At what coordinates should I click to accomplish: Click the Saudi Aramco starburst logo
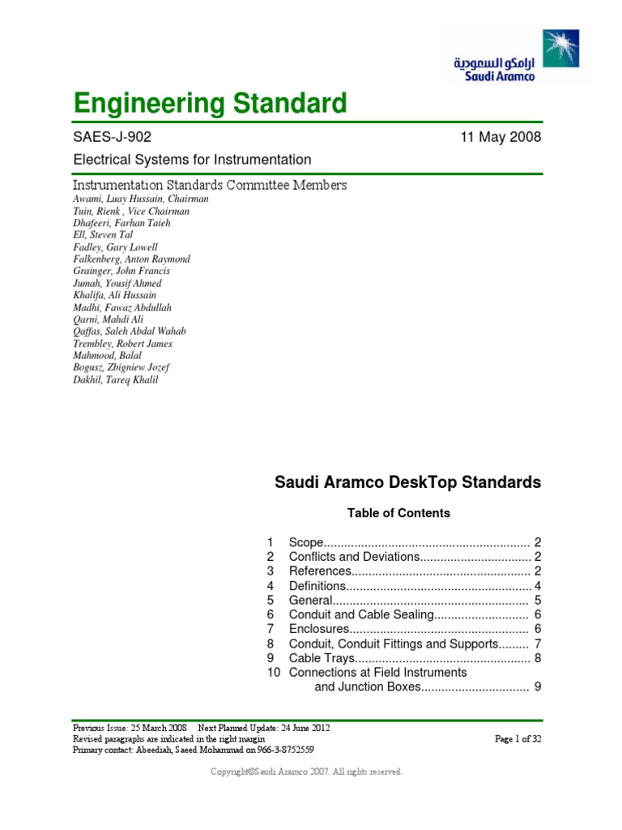point(561,49)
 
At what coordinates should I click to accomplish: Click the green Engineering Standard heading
point(210,104)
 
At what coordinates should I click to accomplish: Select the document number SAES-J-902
point(112,137)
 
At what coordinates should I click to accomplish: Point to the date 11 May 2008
point(500,137)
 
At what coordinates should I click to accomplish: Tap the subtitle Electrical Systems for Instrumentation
point(192,160)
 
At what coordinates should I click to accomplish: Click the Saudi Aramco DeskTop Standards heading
point(408,483)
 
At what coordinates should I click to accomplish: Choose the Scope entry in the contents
point(306,541)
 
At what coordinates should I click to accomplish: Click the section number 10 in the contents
point(272,673)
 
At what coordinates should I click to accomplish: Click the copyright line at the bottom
point(307,772)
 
